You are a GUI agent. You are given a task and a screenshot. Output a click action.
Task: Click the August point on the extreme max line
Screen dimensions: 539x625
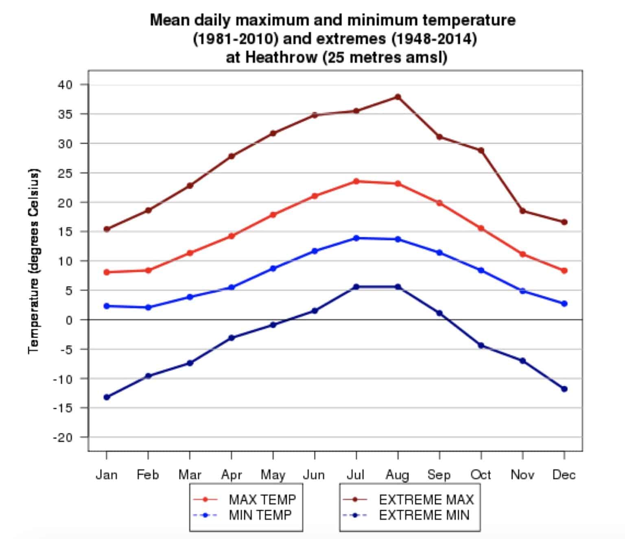(398, 97)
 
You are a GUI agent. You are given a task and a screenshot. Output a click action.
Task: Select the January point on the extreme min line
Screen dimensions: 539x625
(107, 397)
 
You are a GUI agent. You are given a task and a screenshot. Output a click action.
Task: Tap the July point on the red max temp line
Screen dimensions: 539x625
(356, 181)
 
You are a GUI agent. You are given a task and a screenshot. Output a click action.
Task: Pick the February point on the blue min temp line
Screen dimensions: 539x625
(148, 308)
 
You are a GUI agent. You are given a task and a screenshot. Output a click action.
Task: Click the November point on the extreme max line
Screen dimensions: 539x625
(522, 211)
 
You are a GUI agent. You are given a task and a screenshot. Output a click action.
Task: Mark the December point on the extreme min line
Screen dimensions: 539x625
(564, 389)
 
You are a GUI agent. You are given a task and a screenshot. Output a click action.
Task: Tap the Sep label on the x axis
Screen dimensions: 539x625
(439, 475)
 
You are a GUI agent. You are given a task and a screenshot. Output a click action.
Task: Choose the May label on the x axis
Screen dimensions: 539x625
(273, 475)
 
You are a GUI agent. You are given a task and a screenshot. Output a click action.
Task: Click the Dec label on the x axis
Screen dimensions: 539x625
(564, 475)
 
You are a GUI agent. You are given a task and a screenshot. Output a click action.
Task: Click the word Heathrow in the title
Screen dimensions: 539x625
(281, 57)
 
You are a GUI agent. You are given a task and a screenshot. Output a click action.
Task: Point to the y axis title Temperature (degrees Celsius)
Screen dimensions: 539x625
(33, 260)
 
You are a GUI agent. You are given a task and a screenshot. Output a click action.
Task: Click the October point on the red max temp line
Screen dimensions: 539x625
(481, 228)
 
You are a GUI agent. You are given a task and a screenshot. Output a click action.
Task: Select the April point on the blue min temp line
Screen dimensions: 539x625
(232, 287)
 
